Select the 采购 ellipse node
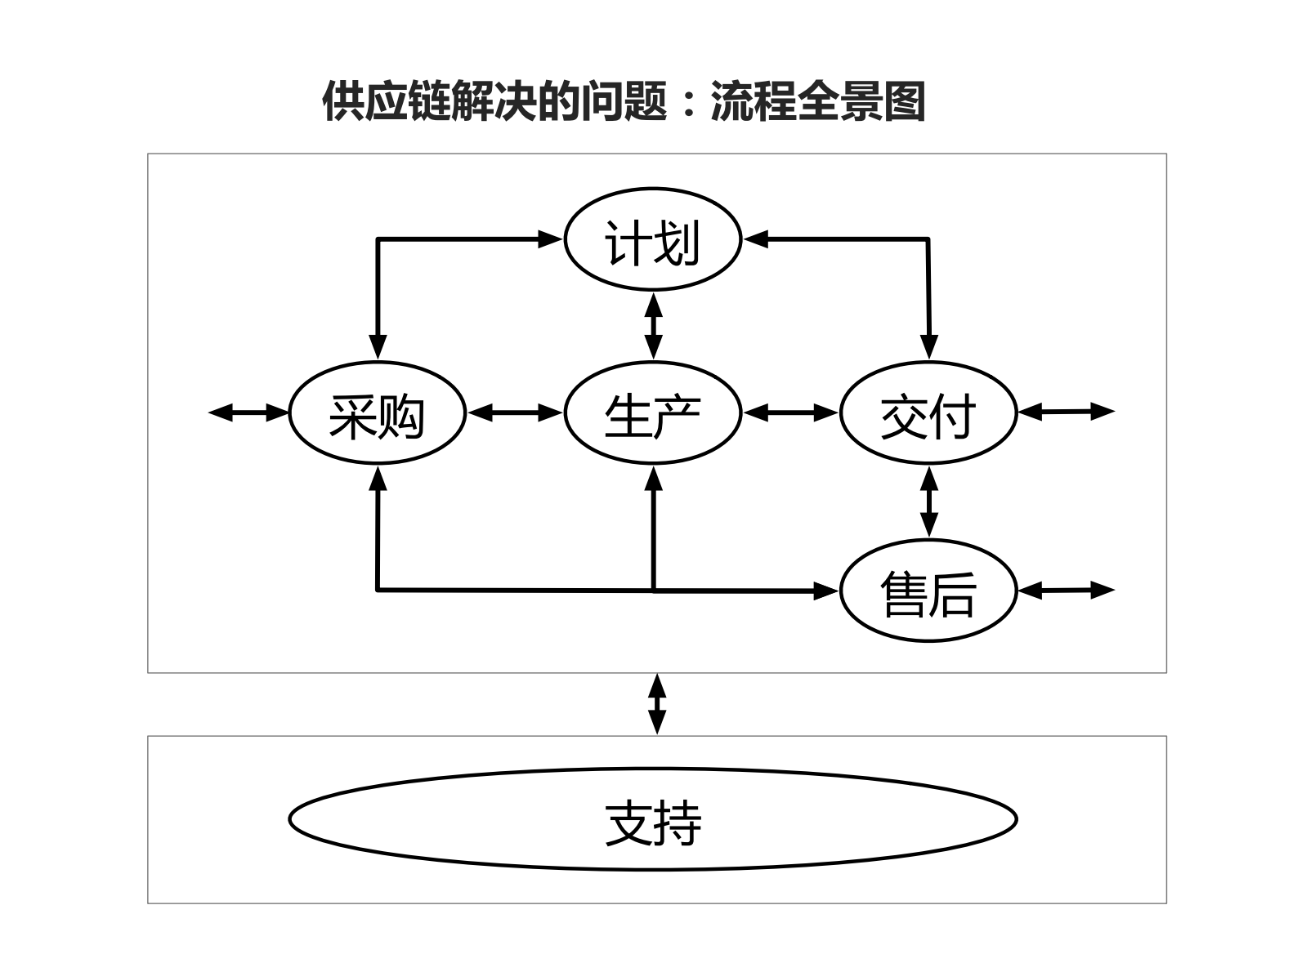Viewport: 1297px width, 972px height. [x=377, y=413]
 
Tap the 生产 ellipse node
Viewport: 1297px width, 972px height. [x=652, y=413]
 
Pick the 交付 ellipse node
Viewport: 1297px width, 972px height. [x=928, y=413]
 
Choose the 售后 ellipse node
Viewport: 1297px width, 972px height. [x=928, y=591]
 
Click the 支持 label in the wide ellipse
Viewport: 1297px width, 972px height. [x=652, y=822]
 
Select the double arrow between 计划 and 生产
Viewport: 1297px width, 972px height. [x=652, y=326]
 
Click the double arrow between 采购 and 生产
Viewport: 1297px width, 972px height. [x=515, y=413]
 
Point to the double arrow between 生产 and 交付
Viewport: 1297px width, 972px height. [x=791, y=413]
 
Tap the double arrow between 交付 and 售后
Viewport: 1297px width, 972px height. [x=928, y=502]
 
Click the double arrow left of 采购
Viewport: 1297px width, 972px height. [x=249, y=412]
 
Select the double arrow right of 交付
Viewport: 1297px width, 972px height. [x=1067, y=412]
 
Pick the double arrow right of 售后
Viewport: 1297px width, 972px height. [x=1067, y=590]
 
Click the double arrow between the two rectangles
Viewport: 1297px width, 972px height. [x=657, y=704]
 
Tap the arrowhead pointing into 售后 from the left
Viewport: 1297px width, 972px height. [x=827, y=591]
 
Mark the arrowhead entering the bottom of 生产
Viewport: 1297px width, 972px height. [x=653, y=477]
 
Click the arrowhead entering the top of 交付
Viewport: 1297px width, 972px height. [x=928, y=348]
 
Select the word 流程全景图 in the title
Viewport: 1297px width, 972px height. [x=818, y=102]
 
